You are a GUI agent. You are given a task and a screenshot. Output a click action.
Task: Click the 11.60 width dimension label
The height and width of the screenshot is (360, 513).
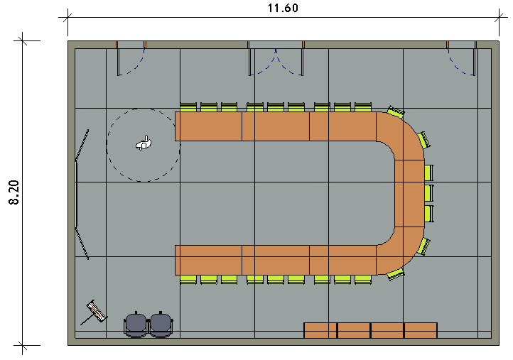pos(283,8)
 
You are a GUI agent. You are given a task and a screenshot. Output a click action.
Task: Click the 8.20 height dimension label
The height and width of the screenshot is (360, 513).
pos(14,192)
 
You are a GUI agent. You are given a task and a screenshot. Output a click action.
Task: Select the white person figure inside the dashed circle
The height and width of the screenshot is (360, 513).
pos(144,143)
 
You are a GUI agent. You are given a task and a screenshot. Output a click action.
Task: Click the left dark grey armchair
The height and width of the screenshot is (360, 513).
pos(136,324)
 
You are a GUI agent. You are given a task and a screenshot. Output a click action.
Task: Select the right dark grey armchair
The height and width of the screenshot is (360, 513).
pos(161,324)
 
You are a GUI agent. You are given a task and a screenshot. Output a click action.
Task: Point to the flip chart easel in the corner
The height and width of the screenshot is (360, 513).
pos(94,312)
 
